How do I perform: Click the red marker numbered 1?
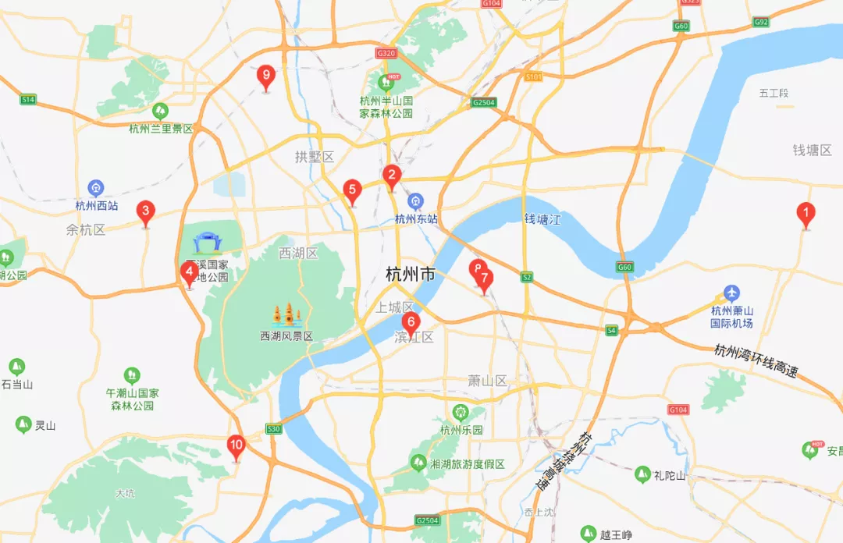806,212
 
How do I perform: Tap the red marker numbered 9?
266,76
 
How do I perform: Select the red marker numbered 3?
145,211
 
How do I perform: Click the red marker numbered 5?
352,190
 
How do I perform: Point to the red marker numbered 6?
411,321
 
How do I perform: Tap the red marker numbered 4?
188,272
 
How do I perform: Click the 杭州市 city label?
411,274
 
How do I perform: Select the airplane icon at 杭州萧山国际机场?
731,293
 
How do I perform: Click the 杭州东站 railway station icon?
416,201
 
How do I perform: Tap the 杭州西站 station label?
97,206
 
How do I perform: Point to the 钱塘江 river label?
542,220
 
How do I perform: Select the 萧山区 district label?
487,381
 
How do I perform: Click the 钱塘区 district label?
812,150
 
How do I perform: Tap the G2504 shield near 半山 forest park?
484,102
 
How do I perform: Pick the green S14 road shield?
28,100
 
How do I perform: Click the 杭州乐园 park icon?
461,412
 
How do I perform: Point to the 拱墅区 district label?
314,157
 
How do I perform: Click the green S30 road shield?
273,428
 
